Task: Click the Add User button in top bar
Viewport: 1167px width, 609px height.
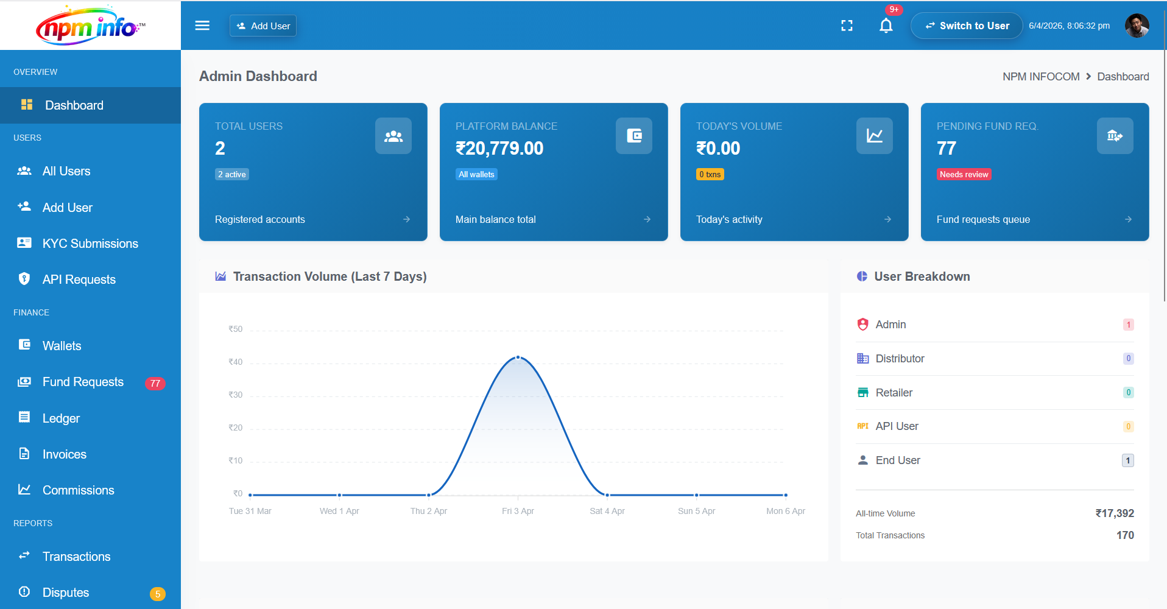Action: point(263,26)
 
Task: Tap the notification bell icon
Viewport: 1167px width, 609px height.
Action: point(886,26)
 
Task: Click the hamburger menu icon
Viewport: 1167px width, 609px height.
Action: point(202,26)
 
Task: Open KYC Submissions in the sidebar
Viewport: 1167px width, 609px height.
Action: point(90,244)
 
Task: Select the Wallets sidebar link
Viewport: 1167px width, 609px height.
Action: point(62,346)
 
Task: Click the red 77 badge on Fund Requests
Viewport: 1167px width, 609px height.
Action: point(155,383)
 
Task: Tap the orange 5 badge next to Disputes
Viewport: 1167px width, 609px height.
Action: point(157,594)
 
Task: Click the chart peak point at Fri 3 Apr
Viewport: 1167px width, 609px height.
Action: point(518,357)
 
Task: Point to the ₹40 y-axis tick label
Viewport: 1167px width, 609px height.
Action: point(235,362)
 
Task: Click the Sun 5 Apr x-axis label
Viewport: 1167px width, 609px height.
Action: point(696,511)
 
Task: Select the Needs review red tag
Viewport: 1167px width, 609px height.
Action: point(964,174)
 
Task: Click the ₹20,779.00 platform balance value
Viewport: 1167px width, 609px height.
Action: point(499,148)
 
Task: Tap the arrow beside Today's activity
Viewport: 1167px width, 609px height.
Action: point(887,219)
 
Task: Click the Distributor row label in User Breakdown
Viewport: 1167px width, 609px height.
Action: point(900,359)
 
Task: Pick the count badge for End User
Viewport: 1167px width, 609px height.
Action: point(1127,460)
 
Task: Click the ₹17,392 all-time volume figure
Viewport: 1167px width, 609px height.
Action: point(1114,513)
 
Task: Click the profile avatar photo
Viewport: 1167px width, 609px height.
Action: point(1137,26)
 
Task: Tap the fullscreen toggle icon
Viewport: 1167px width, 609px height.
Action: point(847,26)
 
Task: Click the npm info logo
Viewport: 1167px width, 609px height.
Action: point(90,26)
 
